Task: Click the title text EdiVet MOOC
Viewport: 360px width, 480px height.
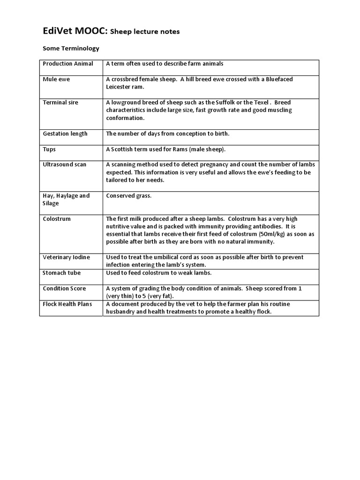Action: point(75,31)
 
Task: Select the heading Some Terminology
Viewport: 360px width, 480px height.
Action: point(71,48)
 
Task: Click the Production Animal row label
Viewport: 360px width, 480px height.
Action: point(68,64)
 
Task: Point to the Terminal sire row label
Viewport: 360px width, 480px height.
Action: point(60,102)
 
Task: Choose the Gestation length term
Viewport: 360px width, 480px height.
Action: point(65,134)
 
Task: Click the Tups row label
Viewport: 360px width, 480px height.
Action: point(49,149)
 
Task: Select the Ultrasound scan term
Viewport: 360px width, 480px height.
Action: point(65,165)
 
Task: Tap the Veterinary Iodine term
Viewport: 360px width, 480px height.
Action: point(67,257)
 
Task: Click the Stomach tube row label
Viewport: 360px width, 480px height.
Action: point(62,273)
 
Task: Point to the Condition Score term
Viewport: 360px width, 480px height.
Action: point(65,288)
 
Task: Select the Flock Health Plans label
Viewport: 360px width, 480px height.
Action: point(67,304)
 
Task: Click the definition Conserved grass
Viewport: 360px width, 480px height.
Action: point(129,195)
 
